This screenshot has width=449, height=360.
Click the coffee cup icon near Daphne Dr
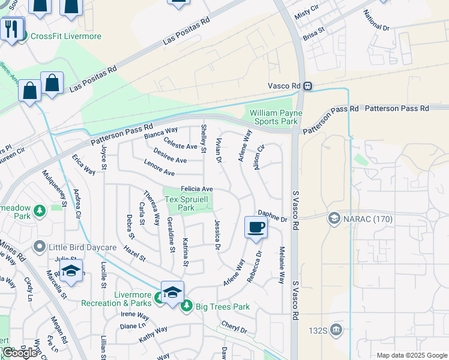(256, 227)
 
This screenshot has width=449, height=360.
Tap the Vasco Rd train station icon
(307, 86)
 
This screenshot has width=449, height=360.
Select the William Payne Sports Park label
(276, 117)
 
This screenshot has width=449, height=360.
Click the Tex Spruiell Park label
(188, 203)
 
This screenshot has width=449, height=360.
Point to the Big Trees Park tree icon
(187, 307)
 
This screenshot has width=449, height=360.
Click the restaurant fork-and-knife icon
(11, 28)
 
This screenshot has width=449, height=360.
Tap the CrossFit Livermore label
(66, 37)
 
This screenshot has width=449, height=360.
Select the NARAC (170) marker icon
(333, 219)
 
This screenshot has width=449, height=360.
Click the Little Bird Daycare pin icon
(40, 246)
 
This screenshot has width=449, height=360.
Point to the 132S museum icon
(336, 329)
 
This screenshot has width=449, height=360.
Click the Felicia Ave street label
(197, 188)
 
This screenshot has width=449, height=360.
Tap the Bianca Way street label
(161, 133)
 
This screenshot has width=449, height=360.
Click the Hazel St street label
(134, 253)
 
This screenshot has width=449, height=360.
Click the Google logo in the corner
(19, 353)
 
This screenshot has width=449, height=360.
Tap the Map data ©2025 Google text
(412, 355)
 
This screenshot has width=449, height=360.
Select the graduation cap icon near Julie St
(71, 271)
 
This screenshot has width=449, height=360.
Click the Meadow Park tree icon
(40, 211)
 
